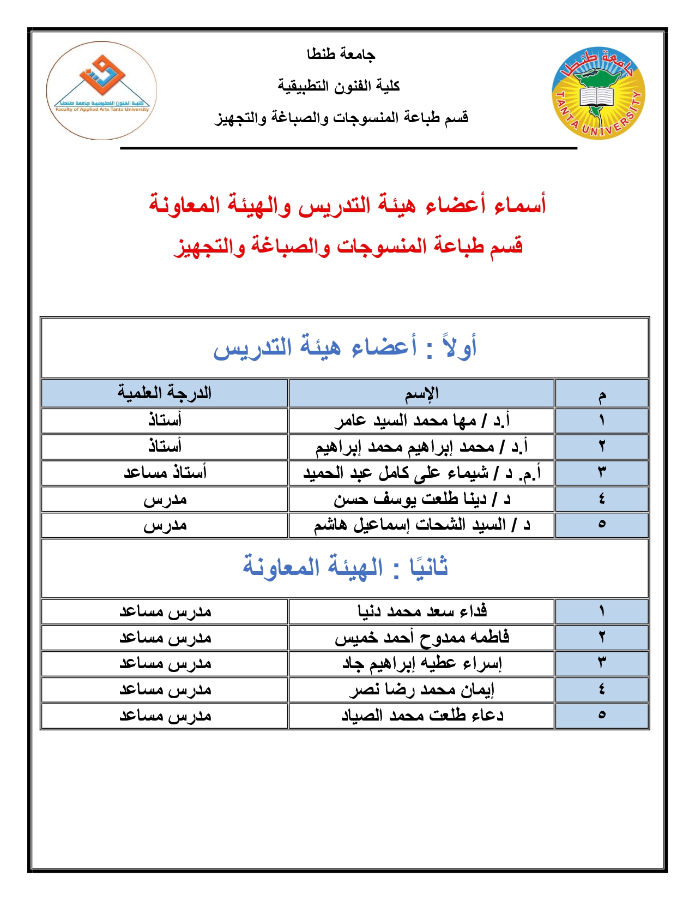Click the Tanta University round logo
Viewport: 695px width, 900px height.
click(599, 93)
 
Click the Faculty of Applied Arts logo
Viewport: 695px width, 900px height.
click(102, 91)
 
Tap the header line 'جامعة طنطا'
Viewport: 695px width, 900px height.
click(341, 54)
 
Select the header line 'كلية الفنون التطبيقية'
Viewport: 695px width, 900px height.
click(339, 86)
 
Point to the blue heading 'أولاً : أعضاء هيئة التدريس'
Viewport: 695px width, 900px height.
click(345, 347)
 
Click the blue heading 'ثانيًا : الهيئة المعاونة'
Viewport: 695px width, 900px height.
click(345, 567)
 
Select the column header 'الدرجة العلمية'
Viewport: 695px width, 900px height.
click(165, 393)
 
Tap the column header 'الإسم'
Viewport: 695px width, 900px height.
click(421, 393)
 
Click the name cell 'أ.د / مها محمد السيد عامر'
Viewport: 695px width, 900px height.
click(422, 421)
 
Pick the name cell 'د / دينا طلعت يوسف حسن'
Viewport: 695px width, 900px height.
click(422, 499)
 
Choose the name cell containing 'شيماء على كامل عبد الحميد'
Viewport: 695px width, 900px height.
click(422, 473)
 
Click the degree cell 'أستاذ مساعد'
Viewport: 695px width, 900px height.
click(165, 472)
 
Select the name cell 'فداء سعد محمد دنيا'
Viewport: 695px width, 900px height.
click(422, 611)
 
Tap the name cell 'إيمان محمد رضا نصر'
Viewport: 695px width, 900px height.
click(422, 690)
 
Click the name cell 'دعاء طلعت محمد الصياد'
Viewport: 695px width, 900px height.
click(422, 716)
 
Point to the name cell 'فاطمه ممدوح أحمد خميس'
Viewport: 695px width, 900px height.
click(422, 637)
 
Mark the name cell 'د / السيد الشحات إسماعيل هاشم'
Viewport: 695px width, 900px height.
click(422, 525)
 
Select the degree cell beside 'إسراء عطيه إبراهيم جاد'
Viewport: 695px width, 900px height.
click(165, 664)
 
